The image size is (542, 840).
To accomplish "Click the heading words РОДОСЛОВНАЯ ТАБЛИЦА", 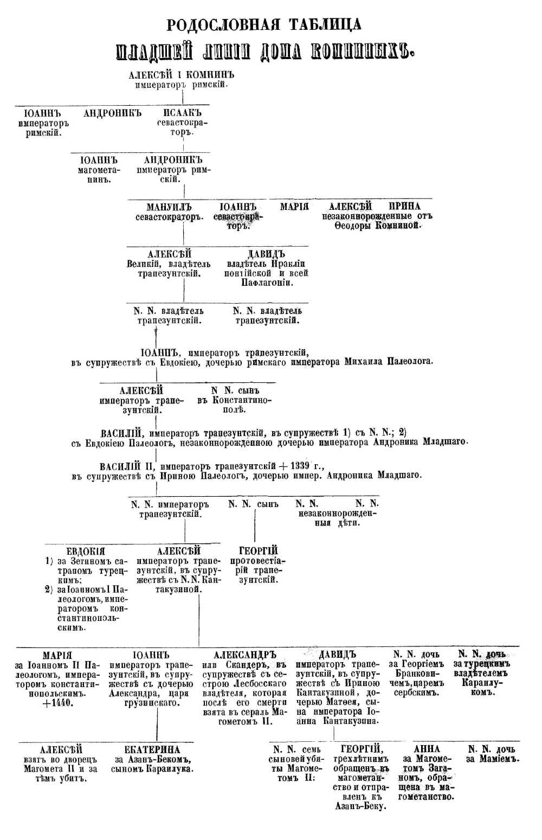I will (264, 25).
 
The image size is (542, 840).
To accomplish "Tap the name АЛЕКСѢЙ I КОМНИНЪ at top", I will (182, 75).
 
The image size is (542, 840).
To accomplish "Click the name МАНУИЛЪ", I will (169, 207).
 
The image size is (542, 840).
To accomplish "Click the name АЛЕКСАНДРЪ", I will (245, 655).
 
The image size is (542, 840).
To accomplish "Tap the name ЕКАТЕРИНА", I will (154, 749).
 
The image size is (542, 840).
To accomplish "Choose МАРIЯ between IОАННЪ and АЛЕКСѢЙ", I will (294, 207).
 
